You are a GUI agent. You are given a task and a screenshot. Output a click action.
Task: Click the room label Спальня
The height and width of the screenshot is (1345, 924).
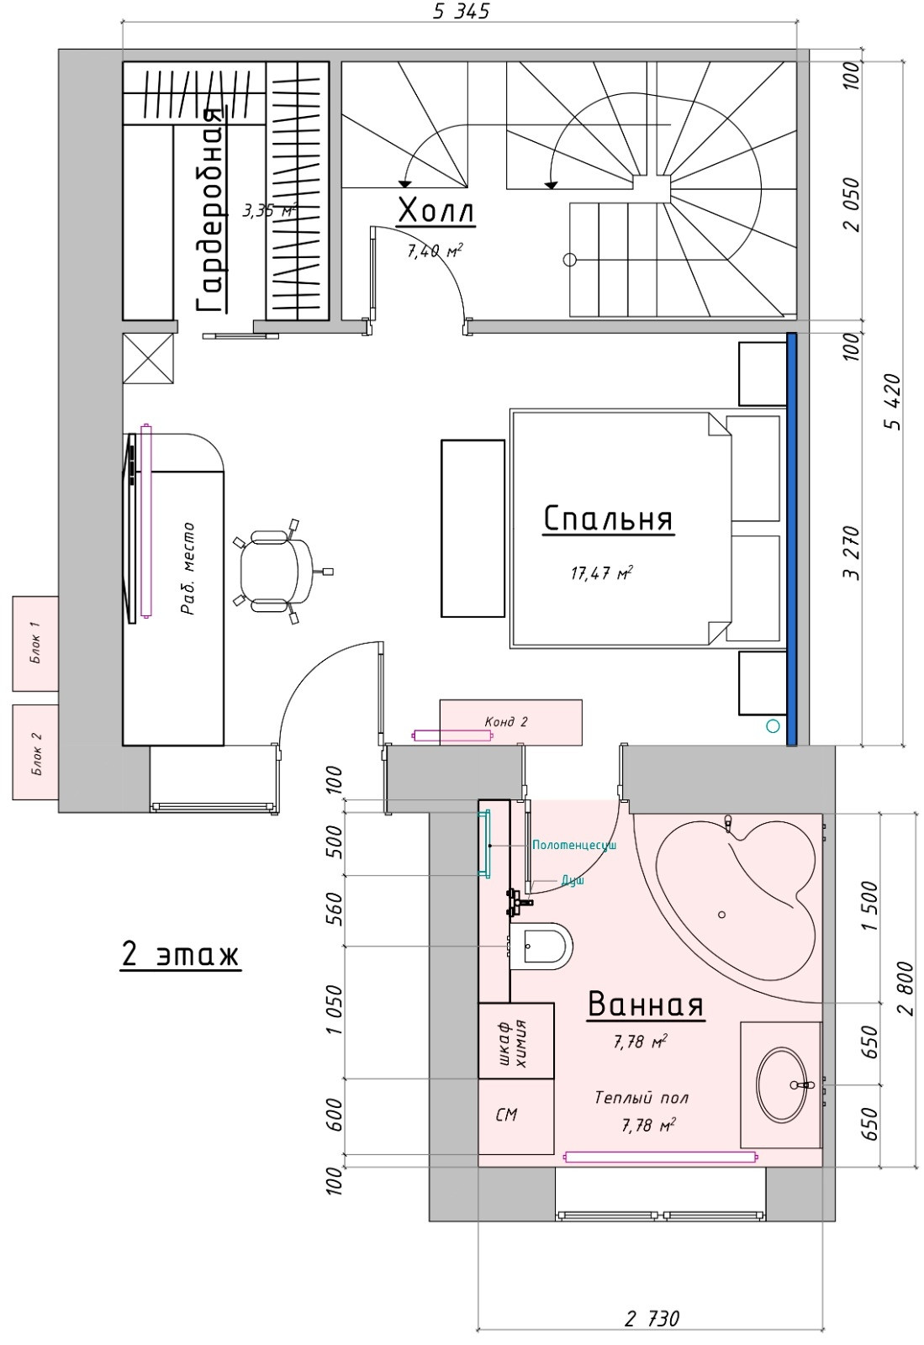(608, 518)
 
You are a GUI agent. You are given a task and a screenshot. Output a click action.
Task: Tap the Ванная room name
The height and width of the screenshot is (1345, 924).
(645, 1005)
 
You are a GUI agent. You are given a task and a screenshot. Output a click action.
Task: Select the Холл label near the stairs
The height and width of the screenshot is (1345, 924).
(436, 211)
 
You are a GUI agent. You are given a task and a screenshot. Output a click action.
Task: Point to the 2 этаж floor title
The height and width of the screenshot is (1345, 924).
(181, 955)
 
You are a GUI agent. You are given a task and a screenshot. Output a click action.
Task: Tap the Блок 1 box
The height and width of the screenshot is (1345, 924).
(34, 643)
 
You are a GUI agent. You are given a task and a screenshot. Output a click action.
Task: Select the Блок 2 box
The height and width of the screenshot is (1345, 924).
(34, 752)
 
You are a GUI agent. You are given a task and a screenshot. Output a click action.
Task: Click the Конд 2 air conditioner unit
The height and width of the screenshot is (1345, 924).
(510, 721)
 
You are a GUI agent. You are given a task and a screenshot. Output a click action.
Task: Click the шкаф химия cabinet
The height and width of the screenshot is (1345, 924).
(515, 1041)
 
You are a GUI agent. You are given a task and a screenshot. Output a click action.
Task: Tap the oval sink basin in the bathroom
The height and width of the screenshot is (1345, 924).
(781, 1084)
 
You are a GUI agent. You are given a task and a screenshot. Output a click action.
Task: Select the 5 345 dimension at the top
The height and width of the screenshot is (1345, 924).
(460, 11)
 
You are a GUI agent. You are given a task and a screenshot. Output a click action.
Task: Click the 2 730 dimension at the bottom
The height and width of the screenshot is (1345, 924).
(652, 1318)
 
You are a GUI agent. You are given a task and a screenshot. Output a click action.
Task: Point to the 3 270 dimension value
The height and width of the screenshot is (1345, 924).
(854, 553)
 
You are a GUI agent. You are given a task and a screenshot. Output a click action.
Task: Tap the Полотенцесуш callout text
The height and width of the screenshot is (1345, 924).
(574, 845)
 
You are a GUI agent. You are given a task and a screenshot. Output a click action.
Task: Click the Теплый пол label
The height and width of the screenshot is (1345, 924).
(642, 1098)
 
